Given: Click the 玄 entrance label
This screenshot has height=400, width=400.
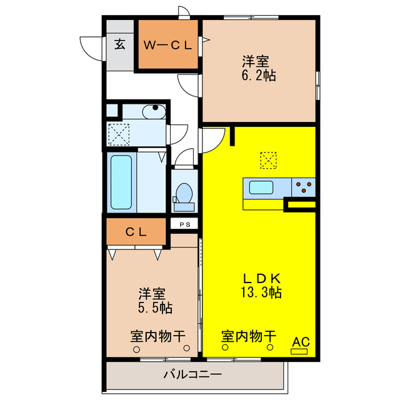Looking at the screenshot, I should click(x=120, y=44).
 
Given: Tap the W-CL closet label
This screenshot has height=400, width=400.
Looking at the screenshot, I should click(x=168, y=45).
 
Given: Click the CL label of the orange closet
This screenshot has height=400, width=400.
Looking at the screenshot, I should click(x=136, y=232).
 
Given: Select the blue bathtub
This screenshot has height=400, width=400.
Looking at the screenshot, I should click(x=121, y=182).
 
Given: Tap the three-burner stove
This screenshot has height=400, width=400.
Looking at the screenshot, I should click(x=303, y=186).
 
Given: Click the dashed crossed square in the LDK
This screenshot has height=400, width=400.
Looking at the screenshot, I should click(x=267, y=160).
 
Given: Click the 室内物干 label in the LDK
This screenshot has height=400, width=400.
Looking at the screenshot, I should click(x=248, y=336).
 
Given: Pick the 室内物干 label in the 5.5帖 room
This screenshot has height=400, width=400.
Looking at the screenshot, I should click(x=158, y=336).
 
